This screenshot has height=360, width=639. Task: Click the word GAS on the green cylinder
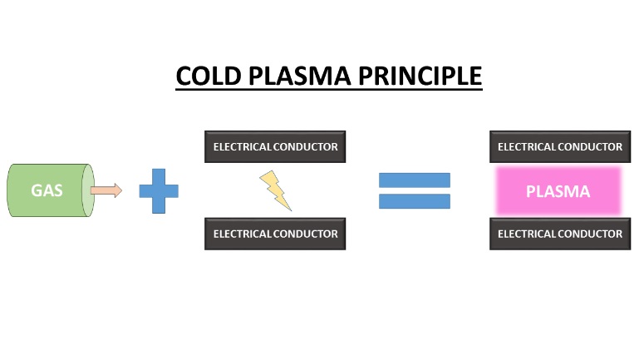pos(47,190)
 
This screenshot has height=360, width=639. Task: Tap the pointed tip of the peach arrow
pos(121,190)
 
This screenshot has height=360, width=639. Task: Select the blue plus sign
pos(158,190)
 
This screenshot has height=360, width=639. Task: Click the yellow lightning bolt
pos(276,190)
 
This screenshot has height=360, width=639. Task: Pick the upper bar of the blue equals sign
pos(414,180)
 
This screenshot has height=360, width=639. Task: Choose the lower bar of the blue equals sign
pos(414,201)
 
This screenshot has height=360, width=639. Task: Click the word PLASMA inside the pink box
pos(558,191)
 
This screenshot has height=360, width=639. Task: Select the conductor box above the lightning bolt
pos(275,146)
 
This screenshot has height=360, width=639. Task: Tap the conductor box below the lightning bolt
pos(275,234)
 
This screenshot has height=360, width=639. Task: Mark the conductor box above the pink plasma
pos(559,146)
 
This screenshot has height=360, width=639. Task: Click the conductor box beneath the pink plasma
pos(559,234)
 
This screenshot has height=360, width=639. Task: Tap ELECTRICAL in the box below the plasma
pos(526,234)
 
